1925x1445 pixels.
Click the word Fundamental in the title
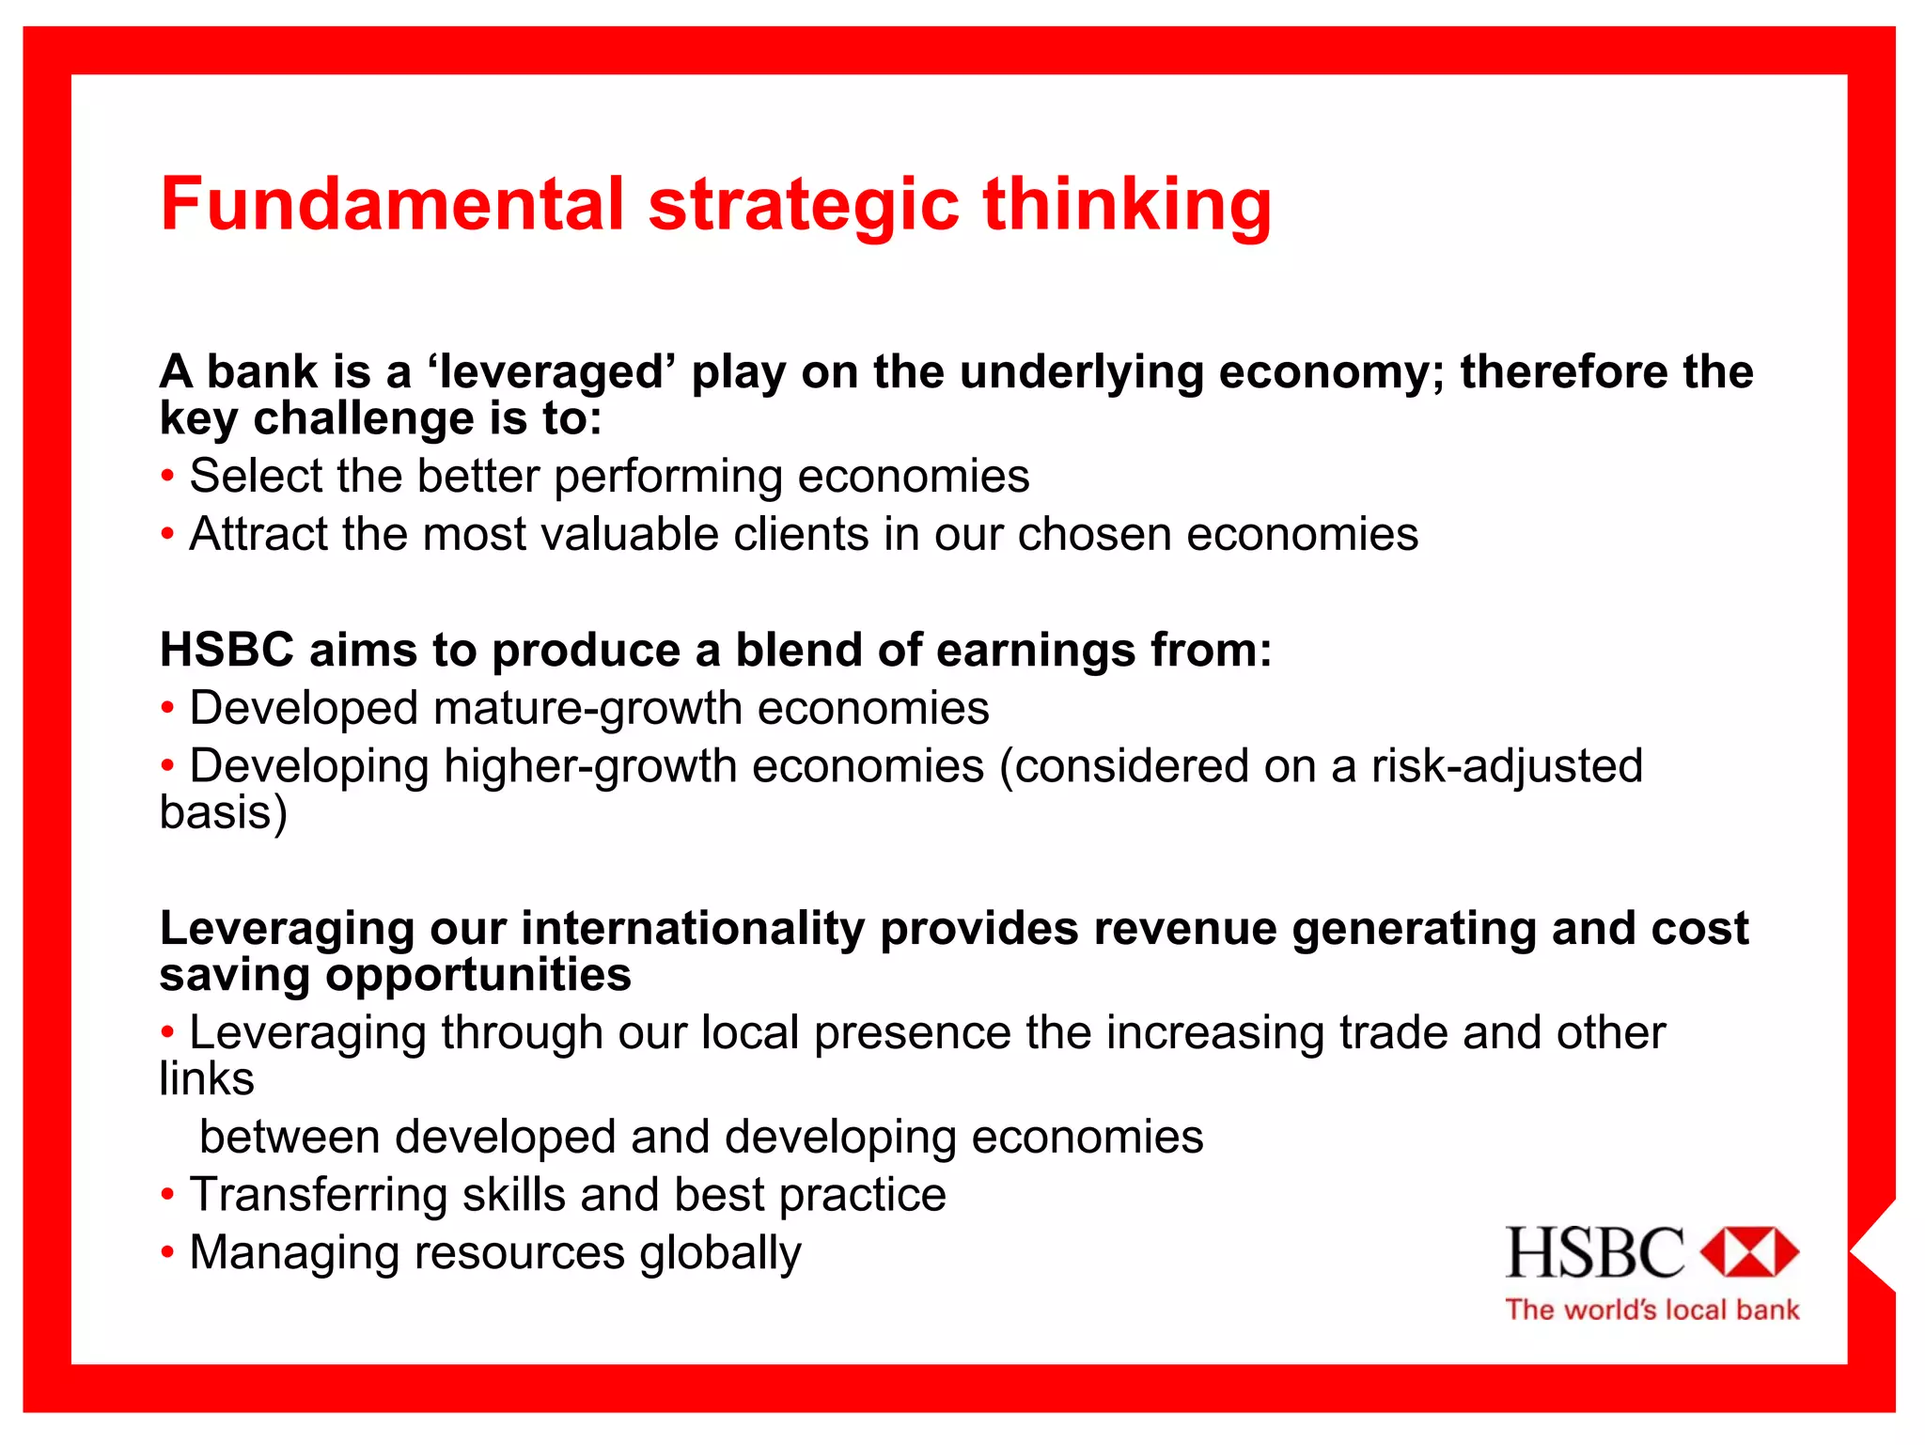coord(392,204)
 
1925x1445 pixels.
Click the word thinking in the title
coord(1127,204)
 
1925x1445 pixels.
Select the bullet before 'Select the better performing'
coord(167,476)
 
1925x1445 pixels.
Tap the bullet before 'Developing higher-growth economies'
coord(167,765)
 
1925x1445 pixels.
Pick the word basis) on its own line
coord(223,812)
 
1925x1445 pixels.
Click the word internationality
coord(693,929)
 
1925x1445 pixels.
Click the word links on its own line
coord(206,1078)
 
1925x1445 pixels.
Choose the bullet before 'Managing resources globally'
coord(167,1252)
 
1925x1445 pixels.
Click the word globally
coord(720,1253)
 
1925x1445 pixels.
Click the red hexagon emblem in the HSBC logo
coord(1748,1251)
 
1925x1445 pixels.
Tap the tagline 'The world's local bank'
coord(1651,1310)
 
